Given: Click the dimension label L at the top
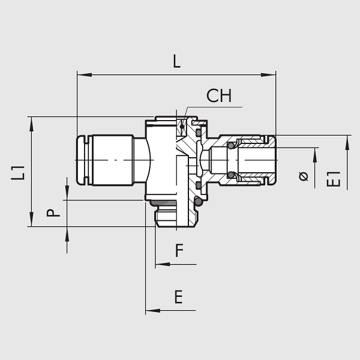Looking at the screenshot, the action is coord(176,61).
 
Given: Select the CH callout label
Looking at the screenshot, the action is coord(219,95).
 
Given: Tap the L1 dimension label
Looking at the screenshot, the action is coord(18,173).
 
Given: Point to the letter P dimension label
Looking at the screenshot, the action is coord(53,213).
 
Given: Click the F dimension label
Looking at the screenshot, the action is coord(179,250).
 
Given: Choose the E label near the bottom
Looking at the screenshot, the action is coord(179,297).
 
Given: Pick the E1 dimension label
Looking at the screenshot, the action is coord(334,179).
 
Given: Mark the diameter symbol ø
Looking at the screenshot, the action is coord(304,176).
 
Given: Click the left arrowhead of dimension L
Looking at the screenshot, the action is coord(85,75).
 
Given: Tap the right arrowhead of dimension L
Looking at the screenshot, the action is coord(268,75).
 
